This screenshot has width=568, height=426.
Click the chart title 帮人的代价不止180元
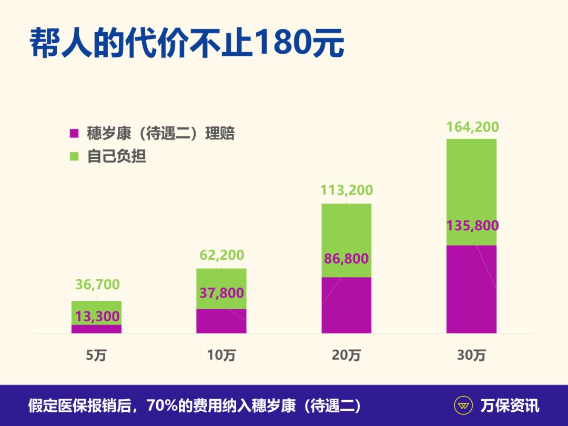click(187, 43)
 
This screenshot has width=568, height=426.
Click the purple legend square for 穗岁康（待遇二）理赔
click(74, 134)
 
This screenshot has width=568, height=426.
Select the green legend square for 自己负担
click(74, 156)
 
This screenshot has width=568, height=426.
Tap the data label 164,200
click(472, 127)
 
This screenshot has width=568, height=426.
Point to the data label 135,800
click(472, 226)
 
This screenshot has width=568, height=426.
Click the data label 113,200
click(347, 190)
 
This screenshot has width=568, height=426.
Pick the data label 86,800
click(347, 259)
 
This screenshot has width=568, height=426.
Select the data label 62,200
click(221, 255)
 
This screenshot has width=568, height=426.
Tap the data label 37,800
click(221, 293)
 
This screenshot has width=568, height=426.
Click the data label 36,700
click(97, 285)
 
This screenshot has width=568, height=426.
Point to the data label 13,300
click(97, 317)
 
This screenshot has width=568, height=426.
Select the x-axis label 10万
click(221, 356)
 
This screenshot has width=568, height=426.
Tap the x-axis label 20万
click(346, 356)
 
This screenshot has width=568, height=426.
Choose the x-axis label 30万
click(471, 356)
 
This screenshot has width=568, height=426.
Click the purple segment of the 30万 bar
click(471, 295)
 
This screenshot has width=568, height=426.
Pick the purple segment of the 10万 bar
click(221, 322)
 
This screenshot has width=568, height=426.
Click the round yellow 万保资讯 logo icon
click(464, 406)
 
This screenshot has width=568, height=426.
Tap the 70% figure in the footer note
click(163, 406)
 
